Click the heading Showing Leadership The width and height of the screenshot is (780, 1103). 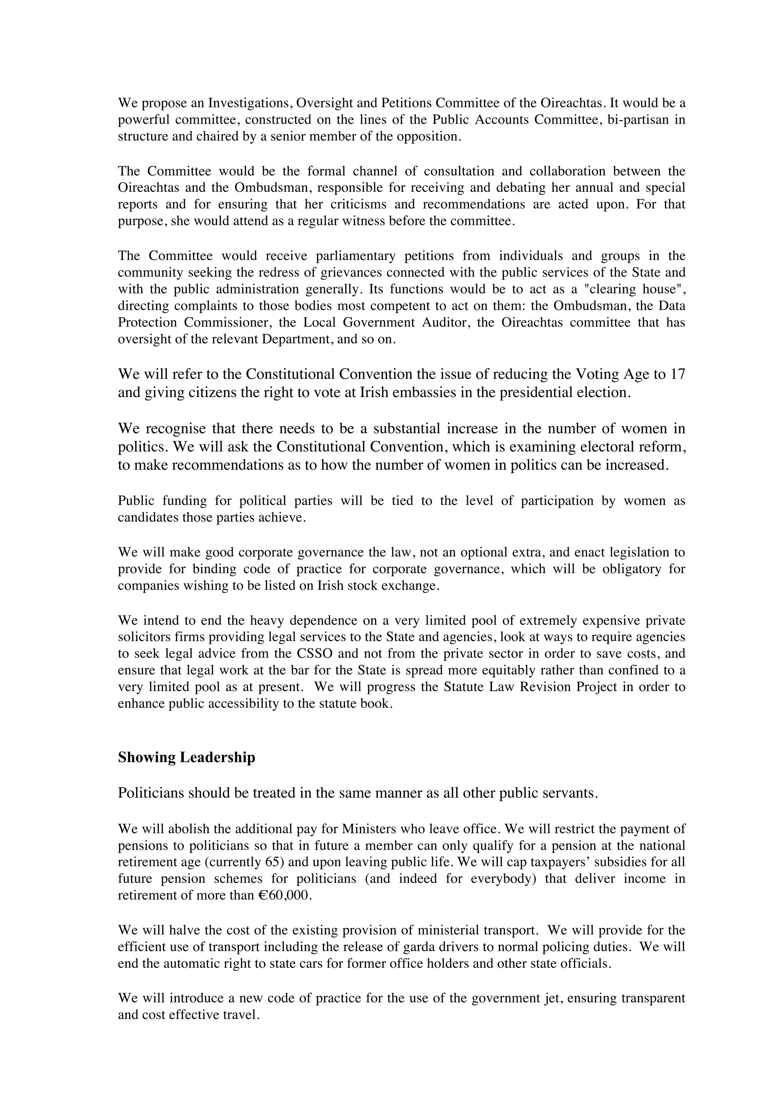coord(187,757)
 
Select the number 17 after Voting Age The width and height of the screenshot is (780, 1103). coord(677,374)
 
